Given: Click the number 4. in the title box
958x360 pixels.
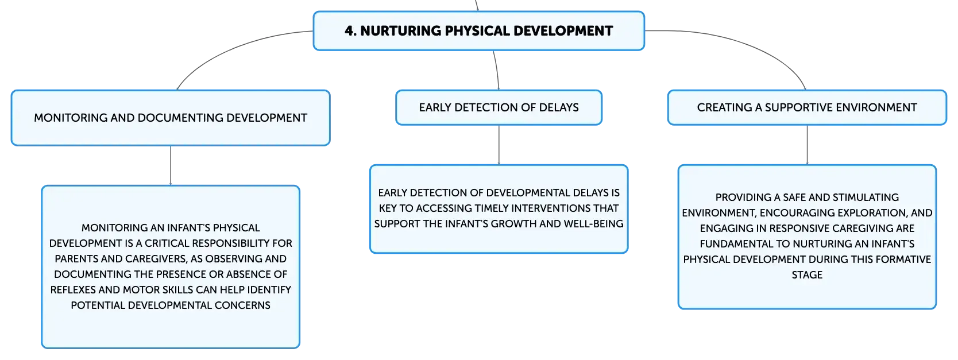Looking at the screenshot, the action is click(350, 31).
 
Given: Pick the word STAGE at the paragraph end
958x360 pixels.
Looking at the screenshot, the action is click(807, 275).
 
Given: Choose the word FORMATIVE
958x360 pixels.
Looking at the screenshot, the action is click(903, 260).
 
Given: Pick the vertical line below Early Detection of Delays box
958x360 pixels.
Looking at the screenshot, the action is click(499, 145).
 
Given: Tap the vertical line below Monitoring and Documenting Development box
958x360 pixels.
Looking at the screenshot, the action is click(171, 165).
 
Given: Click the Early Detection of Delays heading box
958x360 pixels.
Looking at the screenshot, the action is click(499, 107).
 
